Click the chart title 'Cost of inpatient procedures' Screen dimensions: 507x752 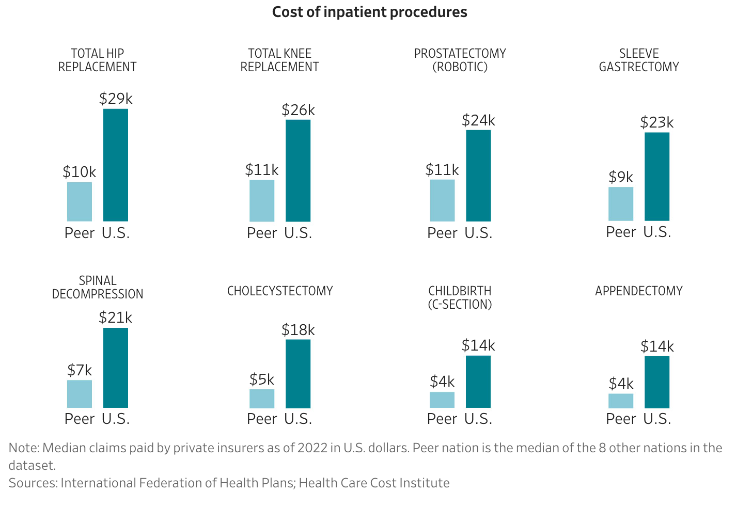point(369,12)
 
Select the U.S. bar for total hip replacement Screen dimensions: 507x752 point(116,165)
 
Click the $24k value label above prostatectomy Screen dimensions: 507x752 point(478,120)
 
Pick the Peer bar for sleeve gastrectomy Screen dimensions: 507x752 point(621,203)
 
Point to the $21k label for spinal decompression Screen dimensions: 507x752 point(116,318)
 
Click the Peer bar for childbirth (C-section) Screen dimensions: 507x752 point(442,400)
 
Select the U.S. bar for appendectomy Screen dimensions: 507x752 point(657,382)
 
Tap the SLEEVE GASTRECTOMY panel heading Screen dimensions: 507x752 point(639,60)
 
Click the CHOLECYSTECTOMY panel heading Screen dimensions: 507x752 point(280,291)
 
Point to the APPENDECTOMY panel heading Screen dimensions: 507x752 point(639,291)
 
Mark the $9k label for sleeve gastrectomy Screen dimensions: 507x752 point(621,177)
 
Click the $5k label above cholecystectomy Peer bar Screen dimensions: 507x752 point(262,380)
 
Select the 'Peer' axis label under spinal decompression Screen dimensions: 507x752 point(80,419)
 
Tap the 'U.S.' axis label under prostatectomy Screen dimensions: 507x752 point(478,233)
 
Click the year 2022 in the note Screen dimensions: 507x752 point(312,448)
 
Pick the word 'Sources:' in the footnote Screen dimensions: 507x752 point(33,483)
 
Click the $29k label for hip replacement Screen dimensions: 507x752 point(116,98)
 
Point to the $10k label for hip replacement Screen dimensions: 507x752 point(80,172)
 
